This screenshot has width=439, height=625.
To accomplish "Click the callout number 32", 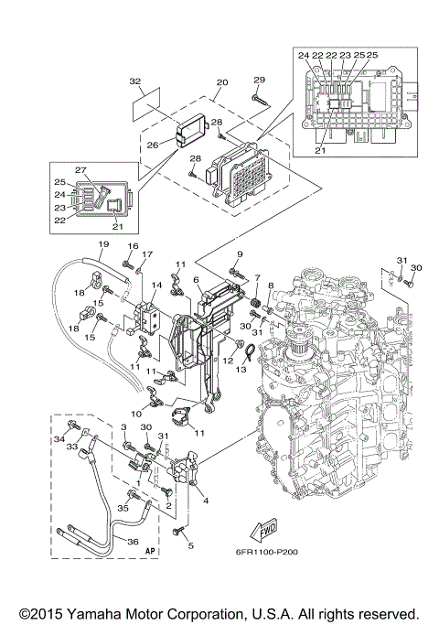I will click(135, 81).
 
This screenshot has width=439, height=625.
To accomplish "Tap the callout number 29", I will click(259, 80).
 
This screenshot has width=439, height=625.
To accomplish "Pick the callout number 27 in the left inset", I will click(80, 169).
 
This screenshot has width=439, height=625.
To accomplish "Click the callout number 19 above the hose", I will click(103, 244).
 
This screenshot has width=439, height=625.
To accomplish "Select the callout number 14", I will click(156, 286).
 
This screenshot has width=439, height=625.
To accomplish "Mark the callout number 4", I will click(205, 500).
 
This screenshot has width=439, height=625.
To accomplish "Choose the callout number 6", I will click(196, 279).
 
